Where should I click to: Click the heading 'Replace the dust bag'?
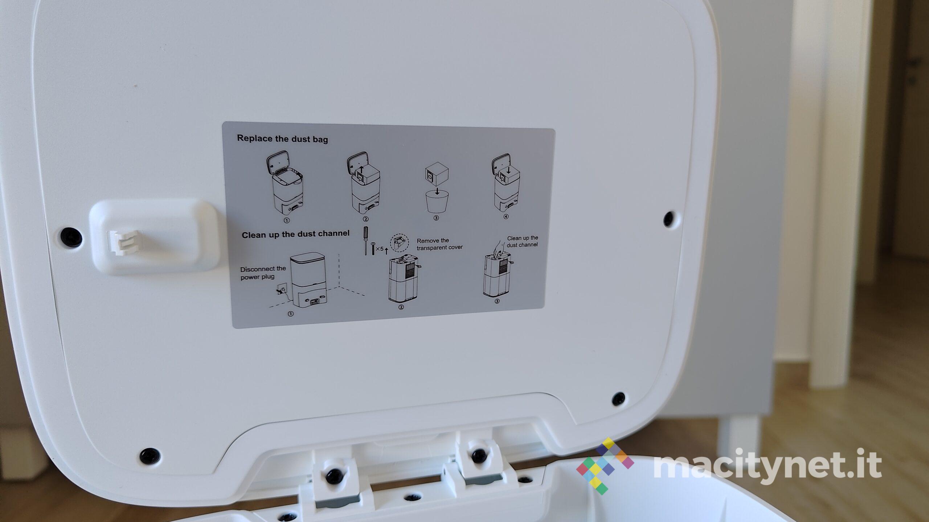coord(282,139)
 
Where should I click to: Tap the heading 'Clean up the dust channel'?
coord(296,234)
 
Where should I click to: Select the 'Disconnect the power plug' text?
coord(263,273)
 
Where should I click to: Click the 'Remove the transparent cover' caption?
coord(439,244)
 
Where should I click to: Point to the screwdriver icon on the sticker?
coord(366,241)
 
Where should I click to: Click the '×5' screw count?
coord(379,249)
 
